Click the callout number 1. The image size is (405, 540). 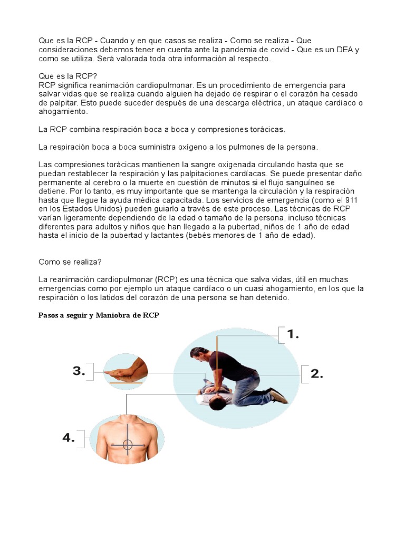(x=293, y=334)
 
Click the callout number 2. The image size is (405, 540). (x=316, y=374)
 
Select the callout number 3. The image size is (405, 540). (x=79, y=371)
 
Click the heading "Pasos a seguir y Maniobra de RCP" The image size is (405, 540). (x=99, y=315)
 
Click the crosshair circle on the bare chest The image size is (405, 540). (x=128, y=445)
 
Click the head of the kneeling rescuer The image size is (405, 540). (x=198, y=354)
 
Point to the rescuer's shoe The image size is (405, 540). (x=277, y=395)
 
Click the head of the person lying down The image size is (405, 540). (x=215, y=403)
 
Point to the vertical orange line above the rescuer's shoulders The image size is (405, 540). (x=216, y=348)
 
